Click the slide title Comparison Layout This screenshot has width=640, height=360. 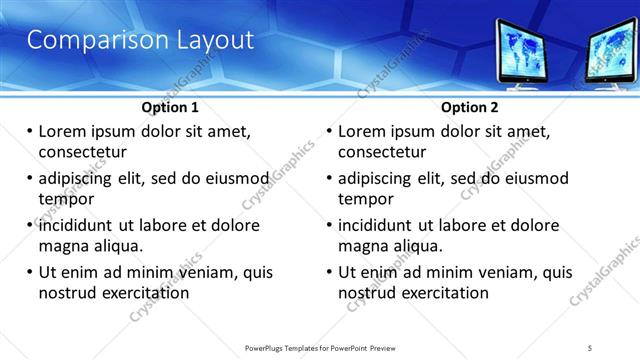[x=140, y=41]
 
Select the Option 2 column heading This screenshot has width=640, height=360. [x=469, y=107]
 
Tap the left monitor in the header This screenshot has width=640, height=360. [x=533, y=52]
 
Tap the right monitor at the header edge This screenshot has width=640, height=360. [x=614, y=54]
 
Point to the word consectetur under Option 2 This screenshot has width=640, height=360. [x=382, y=152]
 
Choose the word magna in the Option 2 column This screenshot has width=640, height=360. [x=363, y=246]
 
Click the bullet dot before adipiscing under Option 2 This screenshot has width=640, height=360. [x=330, y=178]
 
